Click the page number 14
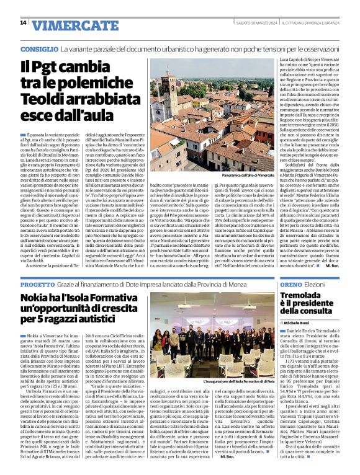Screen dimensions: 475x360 coord(23,23)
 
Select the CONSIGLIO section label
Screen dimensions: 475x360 coord(37,48)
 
